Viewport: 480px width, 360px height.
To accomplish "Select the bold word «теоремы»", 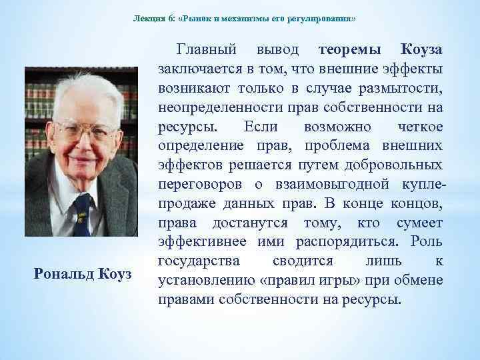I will click(x=351, y=50).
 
